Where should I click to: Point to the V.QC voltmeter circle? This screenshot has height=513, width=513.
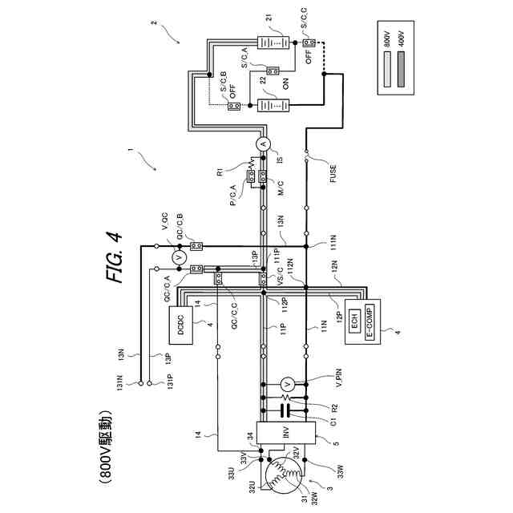tap(180, 256)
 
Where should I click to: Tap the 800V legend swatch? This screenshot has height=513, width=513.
tap(388, 61)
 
